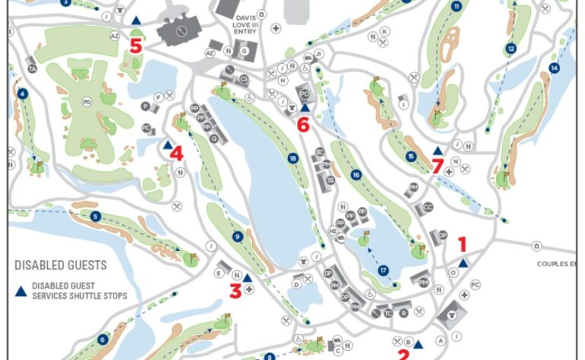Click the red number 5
pos(136,46)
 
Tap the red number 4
pos(176,154)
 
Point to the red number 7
pos(437,166)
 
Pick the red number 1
pos(462,244)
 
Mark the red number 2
pos(404,353)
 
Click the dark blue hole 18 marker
pos(292,158)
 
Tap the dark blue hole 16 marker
pos(356,175)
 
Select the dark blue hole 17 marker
pos(384,270)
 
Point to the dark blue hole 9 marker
pos(238,237)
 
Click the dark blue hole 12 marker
pos(511,49)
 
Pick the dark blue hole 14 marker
pos(554,68)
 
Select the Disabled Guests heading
pos(61,266)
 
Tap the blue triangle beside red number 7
pos(437,151)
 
